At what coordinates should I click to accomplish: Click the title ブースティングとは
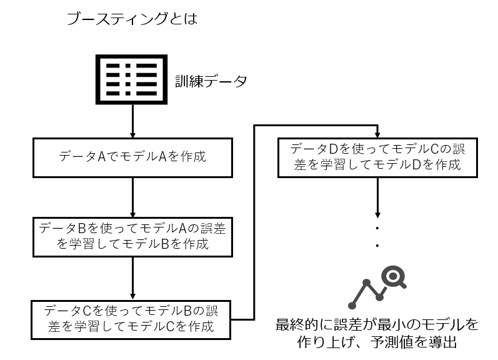click(132, 18)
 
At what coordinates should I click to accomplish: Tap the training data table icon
click(131, 79)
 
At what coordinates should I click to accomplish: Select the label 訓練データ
click(211, 81)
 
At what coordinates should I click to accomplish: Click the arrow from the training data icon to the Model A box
click(132, 121)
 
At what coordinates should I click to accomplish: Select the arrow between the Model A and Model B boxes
click(132, 197)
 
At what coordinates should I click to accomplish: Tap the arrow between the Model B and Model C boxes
click(132, 279)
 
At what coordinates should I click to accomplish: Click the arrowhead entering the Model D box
click(377, 135)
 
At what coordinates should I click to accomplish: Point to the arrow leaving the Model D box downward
click(377, 197)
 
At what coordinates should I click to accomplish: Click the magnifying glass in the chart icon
click(394, 277)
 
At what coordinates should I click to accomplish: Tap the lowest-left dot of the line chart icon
click(352, 306)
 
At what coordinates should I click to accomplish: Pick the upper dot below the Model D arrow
click(377, 228)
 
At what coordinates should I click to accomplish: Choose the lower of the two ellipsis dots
click(377, 246)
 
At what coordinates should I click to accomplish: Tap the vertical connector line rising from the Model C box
click(254, 222)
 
